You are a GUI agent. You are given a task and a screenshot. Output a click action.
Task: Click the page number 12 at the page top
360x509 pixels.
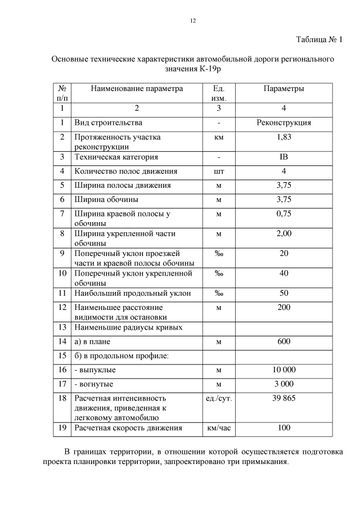pos(192,21)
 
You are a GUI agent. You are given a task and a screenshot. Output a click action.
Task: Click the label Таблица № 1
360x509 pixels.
pos(319,39)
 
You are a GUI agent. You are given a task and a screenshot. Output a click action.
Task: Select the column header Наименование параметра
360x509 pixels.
pos(137,89)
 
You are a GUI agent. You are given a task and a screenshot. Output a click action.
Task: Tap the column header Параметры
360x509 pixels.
pos(283,89)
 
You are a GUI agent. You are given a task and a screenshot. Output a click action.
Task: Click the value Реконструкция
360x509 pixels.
pos(283,123)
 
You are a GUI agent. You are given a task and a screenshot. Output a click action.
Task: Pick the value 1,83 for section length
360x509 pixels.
pos(283,137)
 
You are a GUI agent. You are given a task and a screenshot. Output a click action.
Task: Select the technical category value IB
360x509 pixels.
pos(283,157)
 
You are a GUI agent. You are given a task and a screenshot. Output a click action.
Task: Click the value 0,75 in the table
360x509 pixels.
pos(283,213)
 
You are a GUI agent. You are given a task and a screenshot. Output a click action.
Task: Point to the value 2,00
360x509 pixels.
pos(283,233)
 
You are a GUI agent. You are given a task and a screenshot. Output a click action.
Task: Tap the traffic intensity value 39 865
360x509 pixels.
pos(283,398)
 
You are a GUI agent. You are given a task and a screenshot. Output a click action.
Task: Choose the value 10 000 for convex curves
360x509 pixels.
pos(283,370)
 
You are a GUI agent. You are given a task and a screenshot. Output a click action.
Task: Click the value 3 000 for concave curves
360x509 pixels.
pos(283,384)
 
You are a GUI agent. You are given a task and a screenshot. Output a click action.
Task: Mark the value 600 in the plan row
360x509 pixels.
pos(283,341)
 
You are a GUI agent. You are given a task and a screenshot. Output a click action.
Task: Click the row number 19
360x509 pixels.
pos(62,428)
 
